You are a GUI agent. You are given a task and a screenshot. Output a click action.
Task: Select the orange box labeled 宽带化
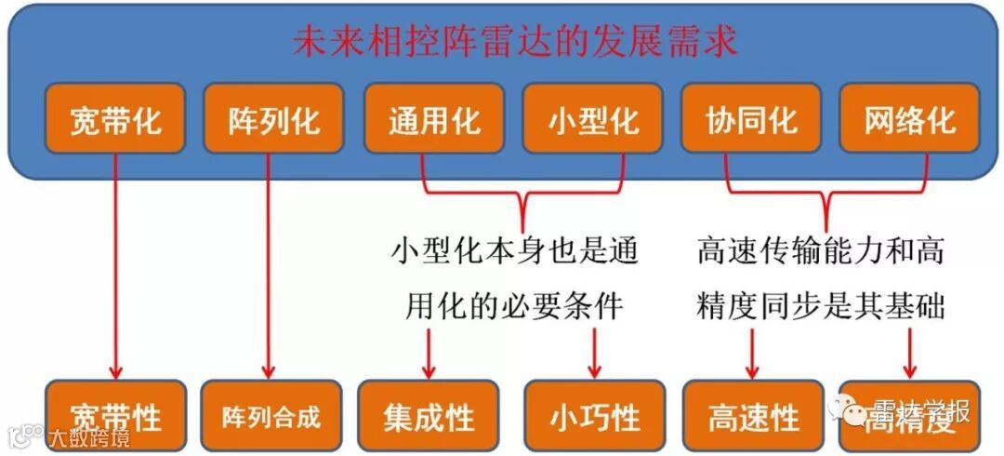[x=115, y=118]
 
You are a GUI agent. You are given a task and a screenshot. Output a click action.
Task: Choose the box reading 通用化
[x=433, y=118]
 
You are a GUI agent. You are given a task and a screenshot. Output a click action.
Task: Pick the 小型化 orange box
[x=592, y=118]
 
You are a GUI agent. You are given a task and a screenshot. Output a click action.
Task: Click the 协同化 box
[x=751, y=118]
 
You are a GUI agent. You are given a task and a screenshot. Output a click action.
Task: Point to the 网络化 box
[x=909, y=118]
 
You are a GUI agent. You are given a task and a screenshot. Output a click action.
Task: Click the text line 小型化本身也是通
[x=514, y=251]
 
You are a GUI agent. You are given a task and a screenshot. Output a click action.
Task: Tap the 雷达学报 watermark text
[x=919, y=410]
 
